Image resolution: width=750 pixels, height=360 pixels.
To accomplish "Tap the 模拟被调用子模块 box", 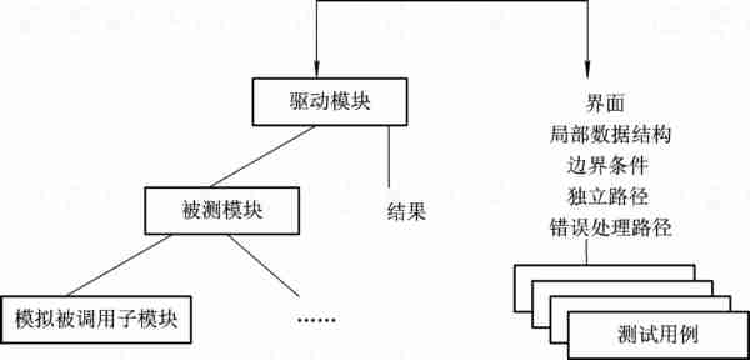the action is coord(95,321).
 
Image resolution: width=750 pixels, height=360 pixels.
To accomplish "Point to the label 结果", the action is coord(406,212).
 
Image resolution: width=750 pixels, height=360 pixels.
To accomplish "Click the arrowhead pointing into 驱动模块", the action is coord(317,73).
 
